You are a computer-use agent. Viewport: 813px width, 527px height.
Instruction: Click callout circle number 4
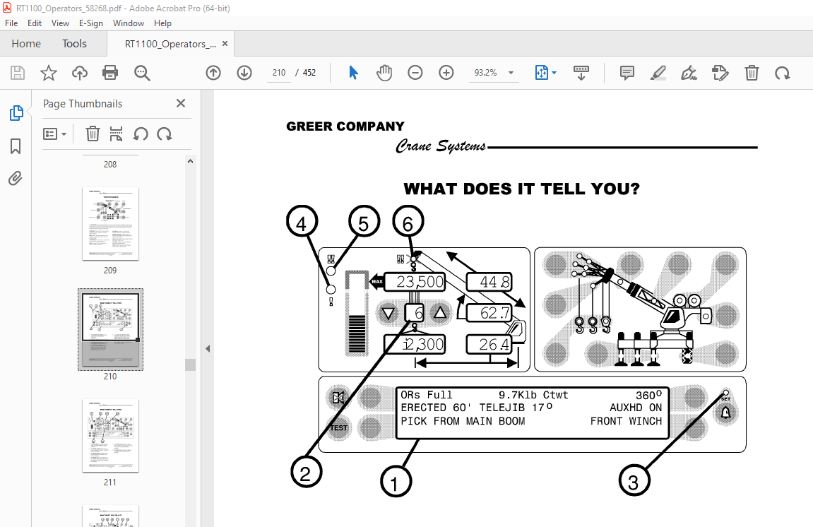point(302,225)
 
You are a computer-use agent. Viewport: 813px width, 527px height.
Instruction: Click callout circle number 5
point(363,225)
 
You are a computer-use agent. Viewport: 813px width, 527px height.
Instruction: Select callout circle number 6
point(408,225)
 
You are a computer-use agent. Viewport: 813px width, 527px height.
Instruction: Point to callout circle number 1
point(396,482)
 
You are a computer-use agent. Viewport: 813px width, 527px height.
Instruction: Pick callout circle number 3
point(634,482)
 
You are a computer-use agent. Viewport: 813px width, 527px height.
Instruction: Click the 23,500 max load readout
point(420,283)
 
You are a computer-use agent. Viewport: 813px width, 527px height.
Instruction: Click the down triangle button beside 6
point(388,313)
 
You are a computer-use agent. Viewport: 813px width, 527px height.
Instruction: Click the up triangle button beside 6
point(440,313)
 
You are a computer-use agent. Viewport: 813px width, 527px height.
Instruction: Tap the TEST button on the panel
point(339,427)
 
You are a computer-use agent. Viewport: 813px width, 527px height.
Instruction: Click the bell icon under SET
point(725,413)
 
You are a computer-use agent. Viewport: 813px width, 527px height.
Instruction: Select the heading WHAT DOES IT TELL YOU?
point(521,189)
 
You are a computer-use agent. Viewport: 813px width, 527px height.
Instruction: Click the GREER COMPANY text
point(345,126)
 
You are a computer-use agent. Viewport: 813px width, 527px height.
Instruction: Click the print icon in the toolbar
point(110,73)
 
